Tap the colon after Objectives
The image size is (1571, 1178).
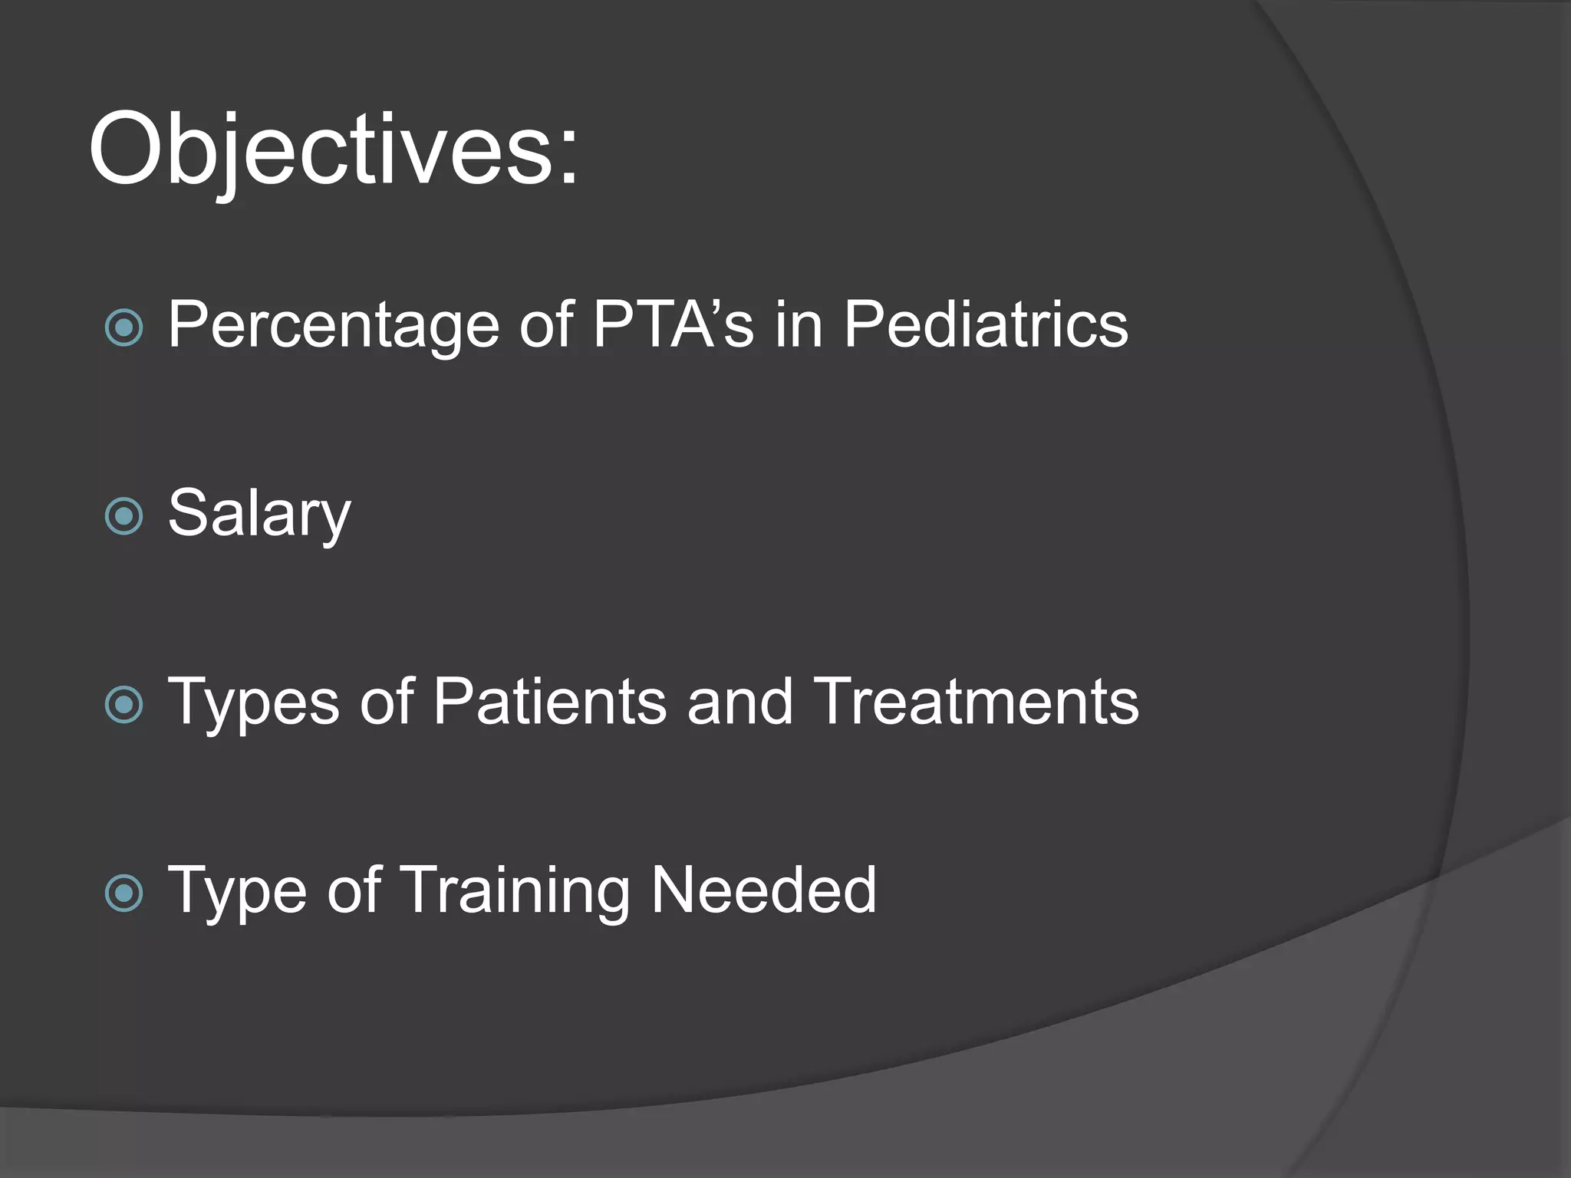(568, 160)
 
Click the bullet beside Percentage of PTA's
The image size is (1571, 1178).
(124, 328)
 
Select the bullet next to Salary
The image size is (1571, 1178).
(124, 516)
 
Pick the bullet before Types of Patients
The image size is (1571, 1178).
(124, 705)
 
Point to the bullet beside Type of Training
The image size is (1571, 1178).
(124, 893)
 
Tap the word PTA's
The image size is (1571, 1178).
(673, 324)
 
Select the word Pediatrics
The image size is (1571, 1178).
(985, 324)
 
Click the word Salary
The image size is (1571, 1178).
(259, 514)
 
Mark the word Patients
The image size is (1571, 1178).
(549, 702)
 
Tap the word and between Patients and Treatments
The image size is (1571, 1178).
(739, 702)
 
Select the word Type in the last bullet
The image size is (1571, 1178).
(237, 891)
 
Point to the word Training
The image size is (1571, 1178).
(515, 891)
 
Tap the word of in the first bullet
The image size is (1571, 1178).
(546, 324)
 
